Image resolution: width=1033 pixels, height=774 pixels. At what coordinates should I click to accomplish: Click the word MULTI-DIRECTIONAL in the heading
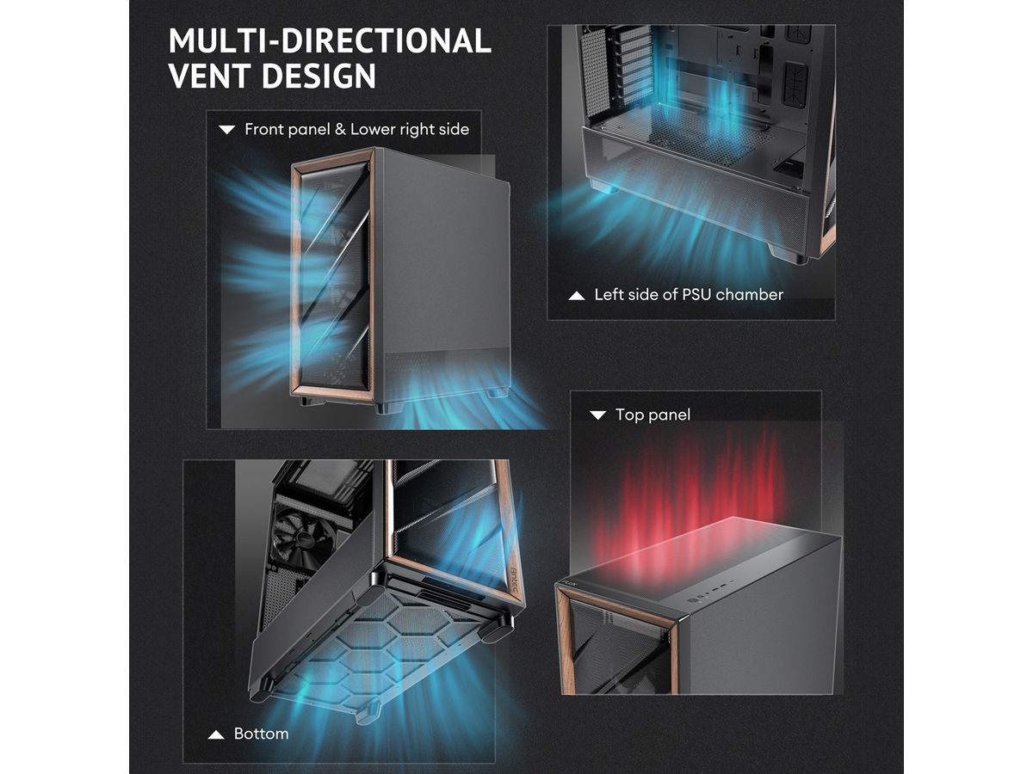(x=330, y=40)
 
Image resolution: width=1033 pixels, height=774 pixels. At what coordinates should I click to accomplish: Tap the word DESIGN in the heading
(x=319, y=76)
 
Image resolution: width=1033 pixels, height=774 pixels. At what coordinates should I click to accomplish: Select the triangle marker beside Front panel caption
(x=227, y=130)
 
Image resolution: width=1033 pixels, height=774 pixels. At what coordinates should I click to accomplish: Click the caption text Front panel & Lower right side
(x=356, y=129)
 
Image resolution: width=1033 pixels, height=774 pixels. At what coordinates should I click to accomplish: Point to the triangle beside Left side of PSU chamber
(x=577, y=296)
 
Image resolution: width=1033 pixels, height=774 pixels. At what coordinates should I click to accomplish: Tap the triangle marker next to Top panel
(x=597, y=415)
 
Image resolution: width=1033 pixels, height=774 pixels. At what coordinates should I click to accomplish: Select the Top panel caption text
(x=653, y=415)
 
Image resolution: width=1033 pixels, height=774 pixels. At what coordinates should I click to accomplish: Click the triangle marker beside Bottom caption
(x=216, y=734)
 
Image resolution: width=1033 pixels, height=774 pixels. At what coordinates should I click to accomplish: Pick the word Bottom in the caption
(x=261, y=733)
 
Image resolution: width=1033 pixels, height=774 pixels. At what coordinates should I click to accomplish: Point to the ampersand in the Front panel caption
(x=340, y=129)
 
